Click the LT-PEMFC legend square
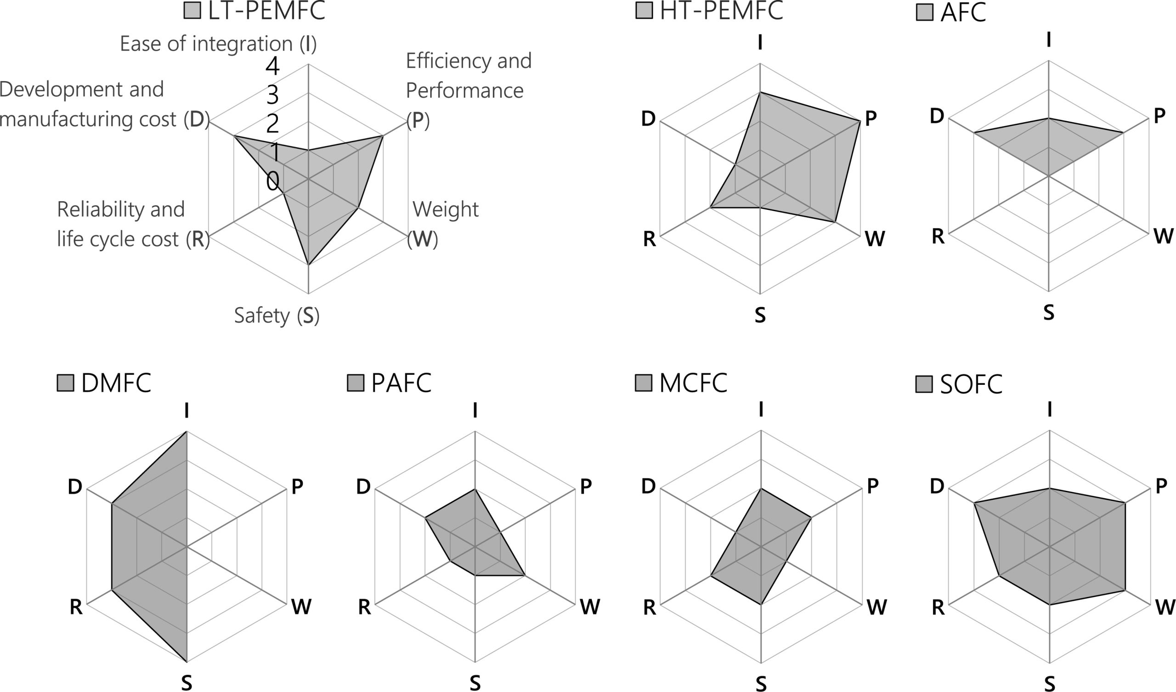pyautogui.click(x=192, y=11)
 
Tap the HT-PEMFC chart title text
pyautogui.click(x=721, y=10)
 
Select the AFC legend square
pyautogui.click(x=924, y=12)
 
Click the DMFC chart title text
pyautogui.click(x=116, y=383)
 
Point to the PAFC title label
pyautogui.click(x=401, y=383)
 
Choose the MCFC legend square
pyautogui.click(x=644, y=383)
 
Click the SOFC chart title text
pyautogui.click(x=971, y=384)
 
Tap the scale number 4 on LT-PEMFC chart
pyautogui.click(x=272, y=67)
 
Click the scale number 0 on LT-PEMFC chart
pyautogui.click(x=273, y=181)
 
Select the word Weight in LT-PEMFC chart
pyautogui.click(x=445, y=209)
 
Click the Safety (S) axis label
pyautogui.click(x=277, y=315)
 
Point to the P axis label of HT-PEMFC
pyautogui.click(x=871, y=119)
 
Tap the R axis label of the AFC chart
pyautogui.click(x=938, y=236)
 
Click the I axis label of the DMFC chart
pyautogui.click(x=187, y=410)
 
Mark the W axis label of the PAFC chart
pyautogui.click(x=589, y=607)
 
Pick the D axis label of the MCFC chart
pyautogui.click(x=648, y=487)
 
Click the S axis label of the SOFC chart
pyautogui.click(x=1050, y=684)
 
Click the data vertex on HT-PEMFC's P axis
pyautogui.click(x=859, y=121)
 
